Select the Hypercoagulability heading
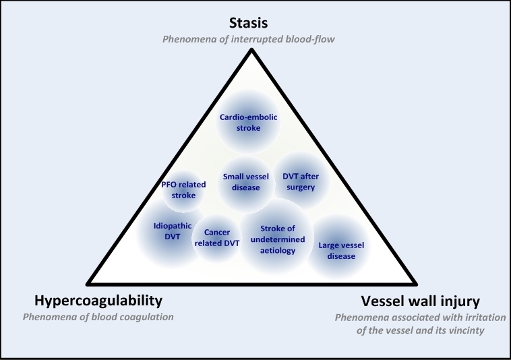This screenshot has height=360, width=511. (98, 300)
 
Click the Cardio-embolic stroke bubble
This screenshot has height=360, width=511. (249, 122)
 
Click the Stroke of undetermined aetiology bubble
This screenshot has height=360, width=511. (278, 240)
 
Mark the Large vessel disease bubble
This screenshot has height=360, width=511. (336, 251)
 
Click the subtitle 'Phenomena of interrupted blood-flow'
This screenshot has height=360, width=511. (248, 39)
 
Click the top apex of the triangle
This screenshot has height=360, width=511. (249, 51)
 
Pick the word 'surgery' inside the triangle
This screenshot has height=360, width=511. (301, 187)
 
